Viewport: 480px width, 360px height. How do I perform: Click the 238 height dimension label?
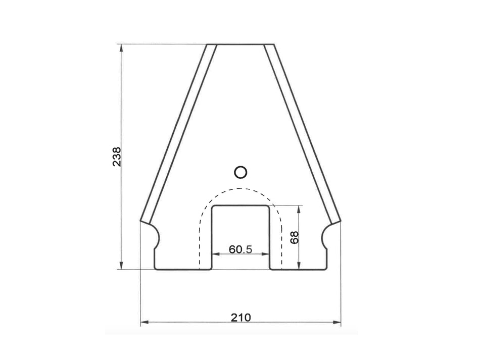point(116,157)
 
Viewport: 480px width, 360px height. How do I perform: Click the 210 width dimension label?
point(241,317)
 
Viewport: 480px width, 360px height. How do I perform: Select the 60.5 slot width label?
point(241,249)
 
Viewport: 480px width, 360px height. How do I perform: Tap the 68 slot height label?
point(295,238)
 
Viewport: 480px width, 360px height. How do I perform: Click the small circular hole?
point(241,172)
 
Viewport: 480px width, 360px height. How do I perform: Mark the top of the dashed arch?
point(241,188)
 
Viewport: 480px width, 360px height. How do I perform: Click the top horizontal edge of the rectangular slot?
point(241,206)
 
